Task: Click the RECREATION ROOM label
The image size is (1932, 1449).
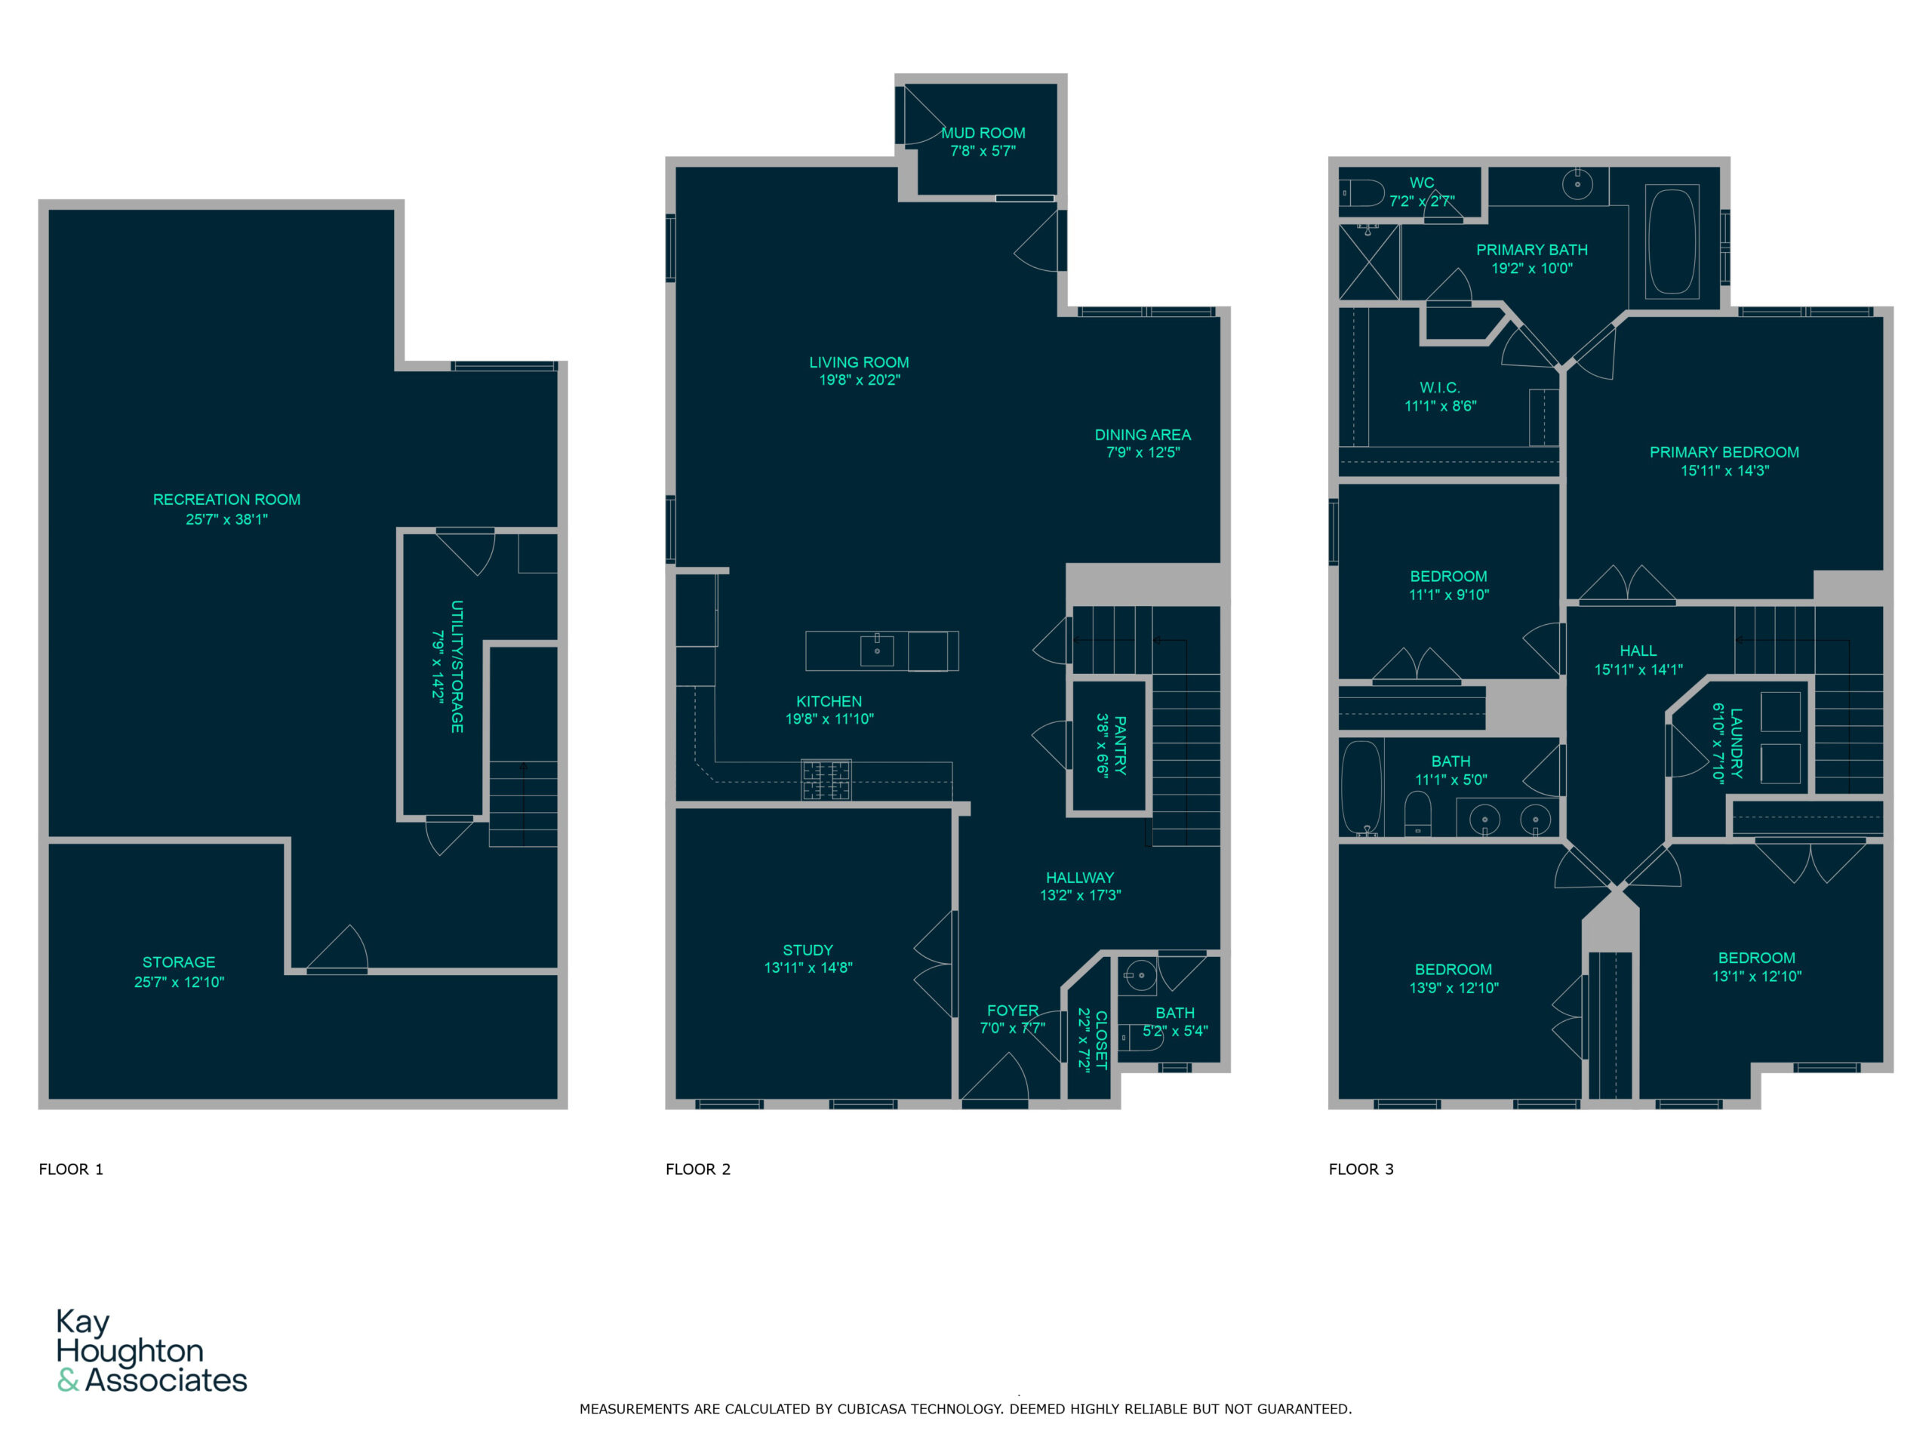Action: click(226, 500)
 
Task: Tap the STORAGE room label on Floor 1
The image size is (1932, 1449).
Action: click(179, 961)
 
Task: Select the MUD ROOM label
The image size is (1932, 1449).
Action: click(983, 133)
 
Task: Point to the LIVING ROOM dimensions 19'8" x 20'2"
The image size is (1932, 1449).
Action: click(860, 380)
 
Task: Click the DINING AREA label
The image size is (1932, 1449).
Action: click(1143, 434)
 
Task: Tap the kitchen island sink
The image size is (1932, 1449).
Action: click(877, 651)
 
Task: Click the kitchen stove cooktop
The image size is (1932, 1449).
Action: click(826, 780)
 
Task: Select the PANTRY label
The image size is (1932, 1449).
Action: click(1121, 745)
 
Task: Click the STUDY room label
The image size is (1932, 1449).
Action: click(808, 949)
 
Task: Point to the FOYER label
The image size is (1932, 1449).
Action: click(1013, 1010)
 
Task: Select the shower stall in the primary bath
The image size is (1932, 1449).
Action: click(1370, 262)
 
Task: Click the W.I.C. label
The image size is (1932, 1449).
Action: click(1439, 387)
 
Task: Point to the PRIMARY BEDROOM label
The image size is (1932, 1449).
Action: click(1724, 451)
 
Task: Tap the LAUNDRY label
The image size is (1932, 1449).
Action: click(1737, 743)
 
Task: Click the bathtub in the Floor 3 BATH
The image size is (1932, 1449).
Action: click(1361, 787)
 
